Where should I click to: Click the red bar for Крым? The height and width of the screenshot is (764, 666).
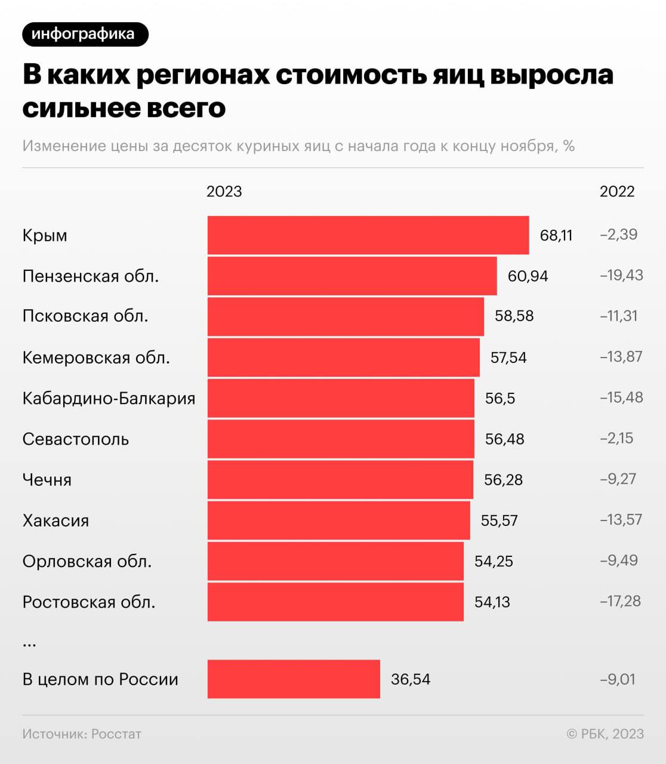pos(368,235)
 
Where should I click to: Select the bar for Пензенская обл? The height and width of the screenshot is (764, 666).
pos(352,276)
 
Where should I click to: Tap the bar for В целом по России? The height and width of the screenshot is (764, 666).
pos(294,679)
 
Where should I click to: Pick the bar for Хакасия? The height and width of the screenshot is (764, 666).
pos(338,520)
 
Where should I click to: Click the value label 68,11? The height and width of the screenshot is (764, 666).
pos(556,236)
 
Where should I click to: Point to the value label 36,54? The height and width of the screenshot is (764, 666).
pos(411,679)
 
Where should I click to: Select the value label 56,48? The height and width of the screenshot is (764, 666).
pos(504,439)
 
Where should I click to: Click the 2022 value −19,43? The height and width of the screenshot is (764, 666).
pos(621,275)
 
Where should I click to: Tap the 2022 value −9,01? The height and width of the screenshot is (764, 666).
pos(617,679)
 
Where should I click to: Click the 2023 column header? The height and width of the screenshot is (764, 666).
pos(224,192)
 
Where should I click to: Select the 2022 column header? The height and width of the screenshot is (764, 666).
pos(617,192)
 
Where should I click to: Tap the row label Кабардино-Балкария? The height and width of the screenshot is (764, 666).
pos(109,399)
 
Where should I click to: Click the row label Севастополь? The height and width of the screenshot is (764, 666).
pos(76,439)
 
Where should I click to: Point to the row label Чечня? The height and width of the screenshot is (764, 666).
pos(47,480)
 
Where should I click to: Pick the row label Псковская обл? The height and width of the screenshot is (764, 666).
pos(85,316)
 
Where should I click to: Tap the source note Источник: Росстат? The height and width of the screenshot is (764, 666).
pos(82,734)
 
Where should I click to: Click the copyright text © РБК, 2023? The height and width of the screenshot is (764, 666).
pos(605,734)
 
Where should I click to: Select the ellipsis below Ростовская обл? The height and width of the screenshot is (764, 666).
pos(29,643)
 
